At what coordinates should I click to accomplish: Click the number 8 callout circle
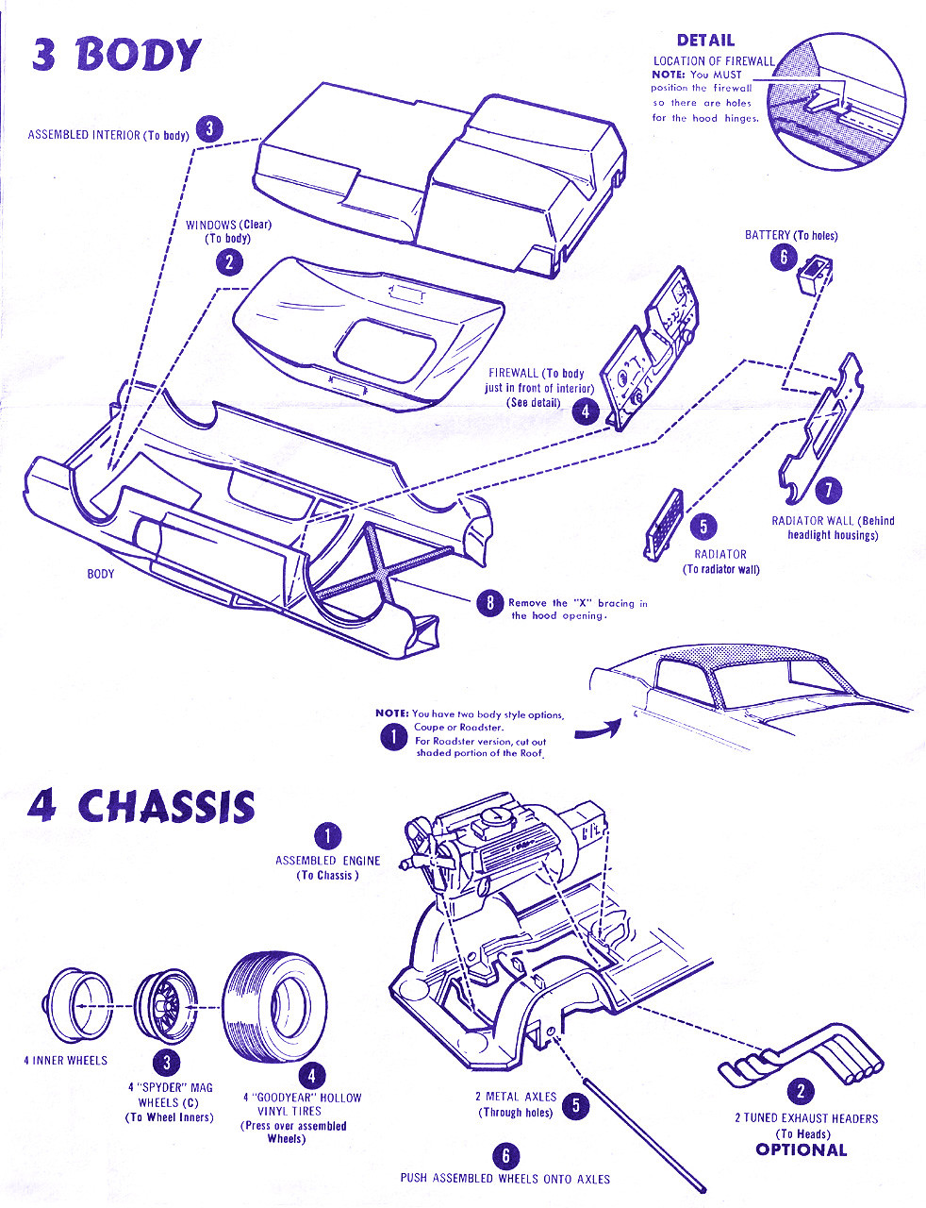click(489, 603)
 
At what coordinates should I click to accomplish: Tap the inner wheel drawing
click(79, 1005)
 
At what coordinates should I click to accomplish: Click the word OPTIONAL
click(802, 1150)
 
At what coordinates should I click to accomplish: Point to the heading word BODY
click(139, 55)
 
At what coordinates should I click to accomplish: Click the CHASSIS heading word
click(166, 807)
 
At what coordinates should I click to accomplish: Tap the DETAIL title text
click(705, 41)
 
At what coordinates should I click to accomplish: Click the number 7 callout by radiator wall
click(828, 490)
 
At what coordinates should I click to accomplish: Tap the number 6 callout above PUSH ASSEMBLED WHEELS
click(505, 1155)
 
